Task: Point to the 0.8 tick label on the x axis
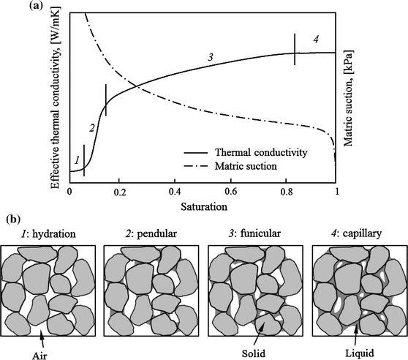(x=283, y=192)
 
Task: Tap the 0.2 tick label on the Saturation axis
(x=122, y=192)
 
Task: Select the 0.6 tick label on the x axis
(x=230, y=192)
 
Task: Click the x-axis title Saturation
(x=204, y=206)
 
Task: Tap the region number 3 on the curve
(x=210, y=56)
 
